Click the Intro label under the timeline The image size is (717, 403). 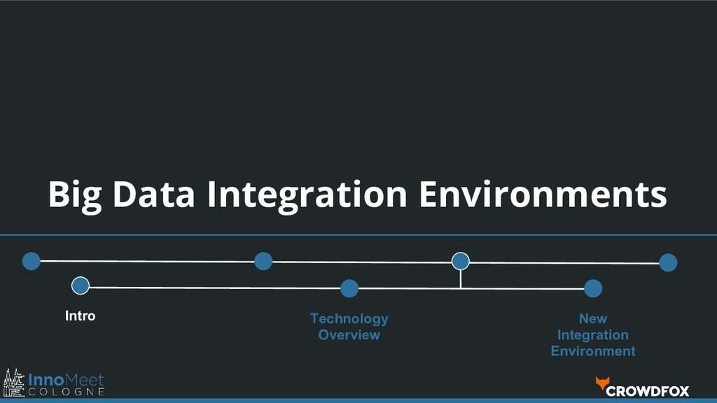(x=80, y=316)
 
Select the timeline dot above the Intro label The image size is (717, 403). (x=81, y=285)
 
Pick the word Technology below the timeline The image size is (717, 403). (x=349, y=319)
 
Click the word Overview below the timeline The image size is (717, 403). (x=349, y=335)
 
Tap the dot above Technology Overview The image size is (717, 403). (x=349, y=288)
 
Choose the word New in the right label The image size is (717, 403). (x=592, y=319)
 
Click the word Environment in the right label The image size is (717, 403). (x=592, y=351)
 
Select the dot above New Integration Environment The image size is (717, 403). (x=593, y=288)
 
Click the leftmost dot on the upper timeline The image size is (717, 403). (x=31, y=261)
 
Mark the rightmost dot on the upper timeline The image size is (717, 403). (x=668, y=263)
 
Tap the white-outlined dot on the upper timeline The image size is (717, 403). (x=460, y=261)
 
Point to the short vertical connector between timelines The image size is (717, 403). (x=460, y=278)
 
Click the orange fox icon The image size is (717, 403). (x=602, y=383)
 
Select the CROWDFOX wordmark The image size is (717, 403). (x=648, y=391)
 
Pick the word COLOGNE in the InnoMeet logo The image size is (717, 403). (x=67, y=392)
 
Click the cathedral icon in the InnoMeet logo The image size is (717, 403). (x=14, y=383)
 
